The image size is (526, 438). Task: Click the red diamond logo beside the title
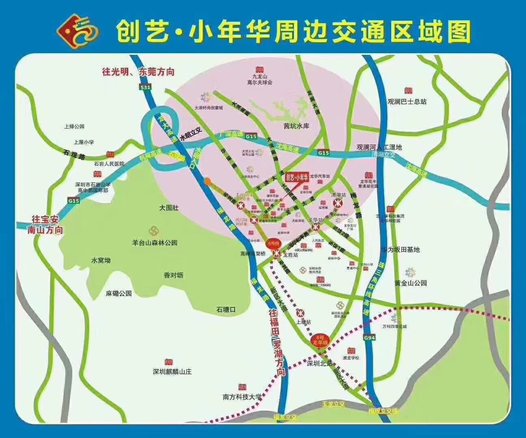pos(77,31)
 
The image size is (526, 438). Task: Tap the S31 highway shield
pos(145,87)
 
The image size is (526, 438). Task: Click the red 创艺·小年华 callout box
pos(297,177)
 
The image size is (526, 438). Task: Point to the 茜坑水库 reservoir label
pos(296,126)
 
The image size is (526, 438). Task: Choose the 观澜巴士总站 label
pos(407,101)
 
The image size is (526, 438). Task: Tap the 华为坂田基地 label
pos(400,250)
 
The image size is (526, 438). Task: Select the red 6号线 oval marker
pos(274,243)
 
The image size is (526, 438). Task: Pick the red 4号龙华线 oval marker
pos(320,340)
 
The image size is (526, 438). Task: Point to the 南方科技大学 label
pos(242,397)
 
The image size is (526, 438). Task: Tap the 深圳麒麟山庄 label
pos(172,371)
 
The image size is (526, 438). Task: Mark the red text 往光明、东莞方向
pos(138,72)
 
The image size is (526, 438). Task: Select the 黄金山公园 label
pos(411,283)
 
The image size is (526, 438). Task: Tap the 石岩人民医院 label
pos(109,164)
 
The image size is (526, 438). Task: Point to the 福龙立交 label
pos(285,417)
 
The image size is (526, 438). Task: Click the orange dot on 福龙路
pos(208,182)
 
